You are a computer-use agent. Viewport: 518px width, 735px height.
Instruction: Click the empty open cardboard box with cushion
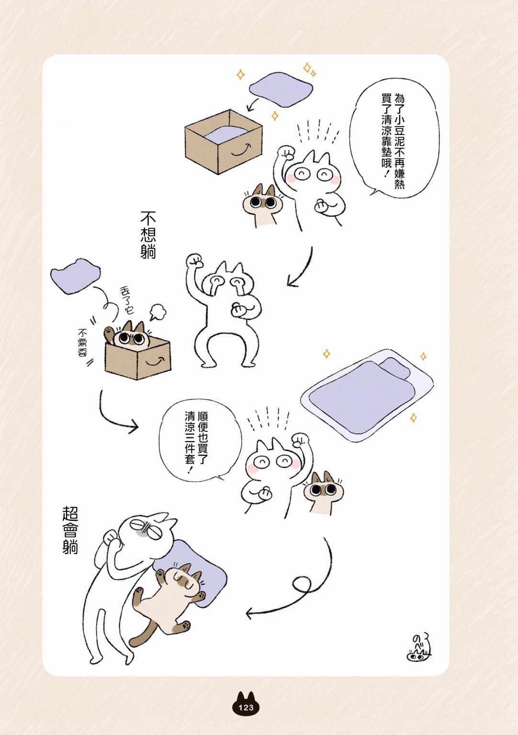(x=224, y=142)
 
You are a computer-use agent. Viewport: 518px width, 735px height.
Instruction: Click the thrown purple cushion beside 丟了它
(x=76, y=276)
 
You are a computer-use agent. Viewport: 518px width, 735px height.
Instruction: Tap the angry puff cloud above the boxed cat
(x=158, y=312)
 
